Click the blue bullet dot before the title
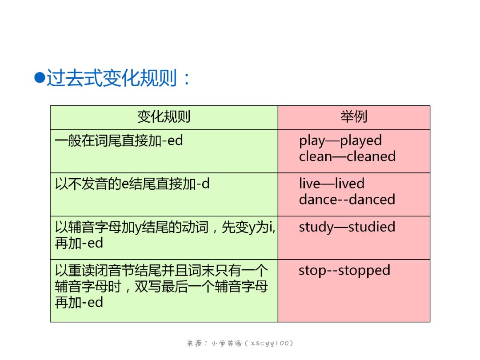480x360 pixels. pyautogui.click(x=40, y=77)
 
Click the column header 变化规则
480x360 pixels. pyautogui.click(x=164, y=116)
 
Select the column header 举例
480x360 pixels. pyautogui.click(x=354, y=116)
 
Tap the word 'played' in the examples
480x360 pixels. pyautogui.click(x=361, y=141)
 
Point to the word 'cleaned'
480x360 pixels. pyautogui.click(x=371, y=156)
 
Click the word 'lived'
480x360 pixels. pyautogui.click(x=350, y=184)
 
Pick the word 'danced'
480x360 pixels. pyautogui.click(x=372, y=199)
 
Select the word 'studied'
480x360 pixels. pyautogui.click(x=372, y=227)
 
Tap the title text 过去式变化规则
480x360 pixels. pyautogui.click(x=112, y=78)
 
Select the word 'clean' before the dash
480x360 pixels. pyautogui.click(x=316, y=156)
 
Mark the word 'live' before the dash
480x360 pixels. pyautogui.click(x=310, y=184)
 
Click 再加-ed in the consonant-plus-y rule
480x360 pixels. pyautogui.click(x=79, y=243)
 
